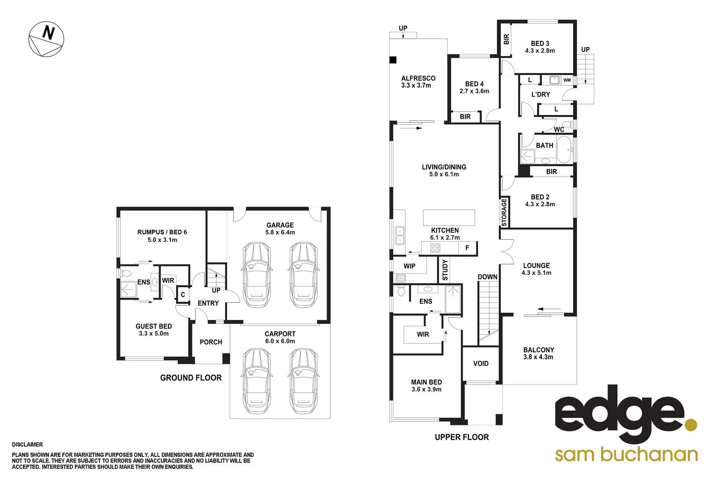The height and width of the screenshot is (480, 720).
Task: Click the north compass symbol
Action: tap(46, 39)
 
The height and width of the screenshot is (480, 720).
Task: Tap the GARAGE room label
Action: tap(280, 225)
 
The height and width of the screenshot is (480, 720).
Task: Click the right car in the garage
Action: tap(303, 275)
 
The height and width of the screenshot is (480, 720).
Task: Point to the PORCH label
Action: tap(211, 342)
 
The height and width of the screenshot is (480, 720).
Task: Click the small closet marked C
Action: tap(183, 295)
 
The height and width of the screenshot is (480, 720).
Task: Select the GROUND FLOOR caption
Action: tap(191, 378)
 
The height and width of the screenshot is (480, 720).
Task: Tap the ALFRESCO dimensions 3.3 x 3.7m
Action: tap(416, 85)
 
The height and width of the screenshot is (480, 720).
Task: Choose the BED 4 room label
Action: tap(474, 84)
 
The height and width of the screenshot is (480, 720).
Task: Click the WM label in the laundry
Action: tap(567, 80)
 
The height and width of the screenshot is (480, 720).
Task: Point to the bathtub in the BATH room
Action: tap(565, 149)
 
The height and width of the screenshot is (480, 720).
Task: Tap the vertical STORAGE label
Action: tap(504, 212)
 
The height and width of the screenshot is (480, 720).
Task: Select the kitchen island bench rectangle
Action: tap(448, 218)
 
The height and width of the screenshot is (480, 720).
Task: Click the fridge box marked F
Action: tap(467, 248)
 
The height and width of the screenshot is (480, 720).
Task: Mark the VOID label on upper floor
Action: tap(480, 364)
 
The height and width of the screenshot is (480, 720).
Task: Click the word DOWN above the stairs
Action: tap(487, 277)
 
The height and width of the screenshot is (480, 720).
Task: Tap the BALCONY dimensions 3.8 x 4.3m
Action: tap(538, 357)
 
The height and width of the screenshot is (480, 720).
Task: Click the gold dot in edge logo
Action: tap(690, 424)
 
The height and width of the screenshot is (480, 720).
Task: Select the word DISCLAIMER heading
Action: tap(28, 444)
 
